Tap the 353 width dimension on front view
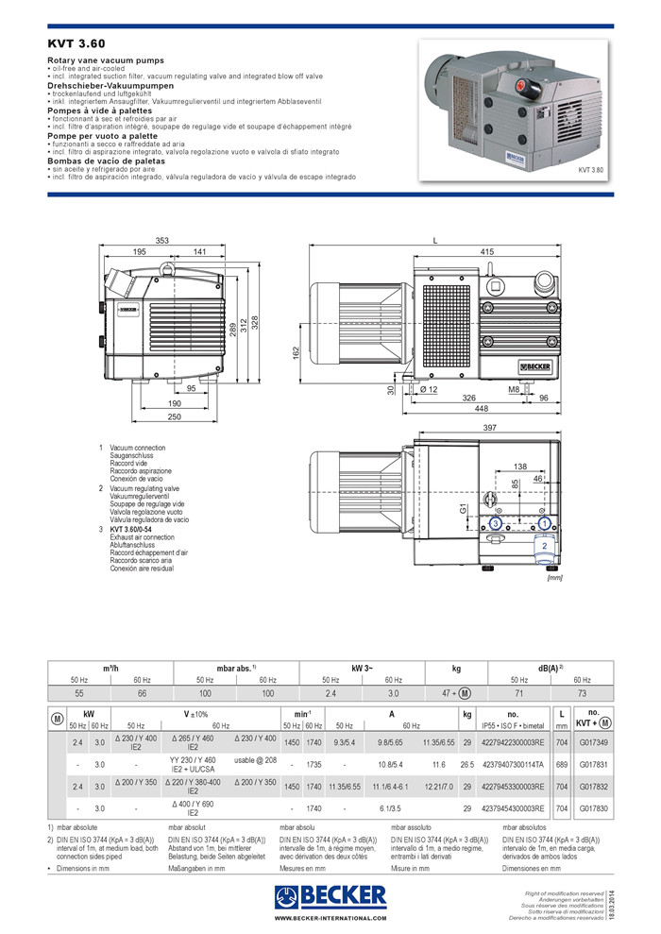(162, 242)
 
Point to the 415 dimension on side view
(487, 251)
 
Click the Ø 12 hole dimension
(428, 389)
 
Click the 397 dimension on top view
(489, 428)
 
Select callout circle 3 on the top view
(495, 522)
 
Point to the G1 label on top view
(463, 510)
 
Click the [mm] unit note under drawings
(555, 578)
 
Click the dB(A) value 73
(582, 693)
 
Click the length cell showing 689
(563, 763)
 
